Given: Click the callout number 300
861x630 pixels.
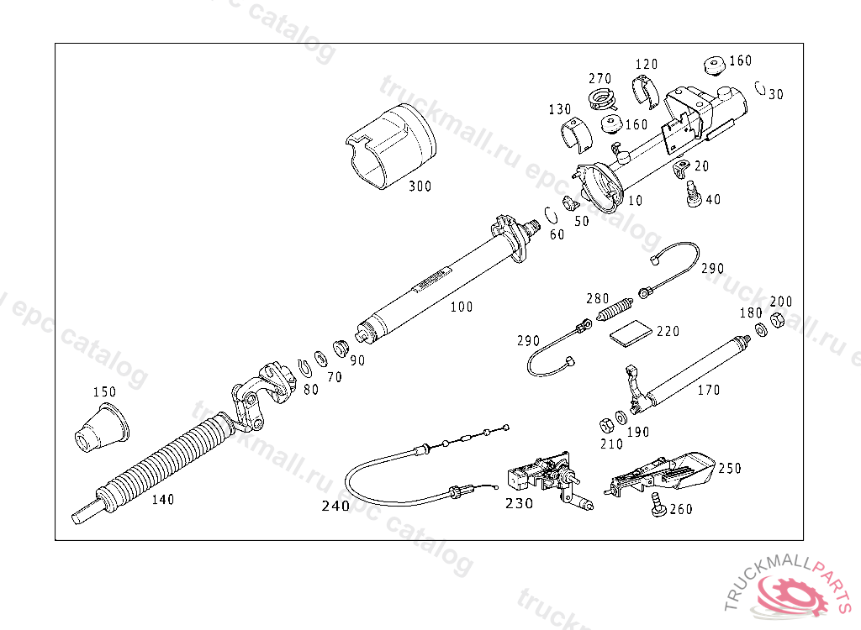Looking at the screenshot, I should (x=420, y=186).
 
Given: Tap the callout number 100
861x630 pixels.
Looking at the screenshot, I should (x=461, y=307).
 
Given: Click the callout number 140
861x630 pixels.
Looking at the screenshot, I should (x=162, y=499).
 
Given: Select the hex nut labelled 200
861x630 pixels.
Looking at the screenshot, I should (x=778, y=320).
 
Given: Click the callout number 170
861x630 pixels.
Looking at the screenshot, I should (x=708, y=390).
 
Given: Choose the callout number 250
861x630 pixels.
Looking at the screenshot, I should (x=729, y=468).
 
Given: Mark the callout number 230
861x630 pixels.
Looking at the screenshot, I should (x=519, y=504).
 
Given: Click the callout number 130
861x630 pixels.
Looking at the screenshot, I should (x=559, y=109).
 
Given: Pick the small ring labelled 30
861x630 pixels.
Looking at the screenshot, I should (x=759, y=87).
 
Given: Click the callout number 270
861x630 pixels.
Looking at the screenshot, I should (x=600, y=79).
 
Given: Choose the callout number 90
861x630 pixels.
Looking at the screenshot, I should (x=357, y=360).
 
